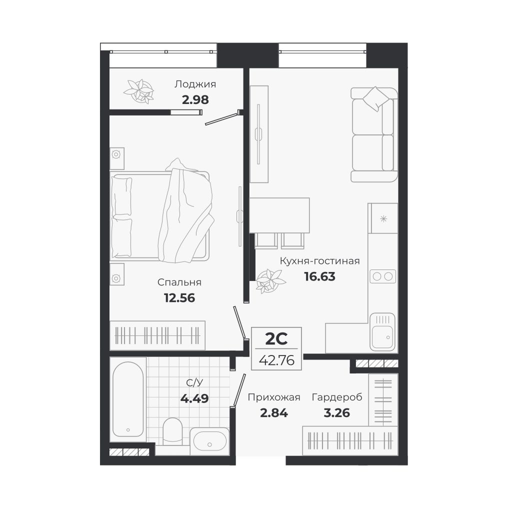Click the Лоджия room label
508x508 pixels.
point(195,84)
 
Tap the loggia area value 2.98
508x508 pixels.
point(195,99)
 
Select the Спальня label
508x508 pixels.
point(179,282)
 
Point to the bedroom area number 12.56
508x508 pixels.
point(179,298)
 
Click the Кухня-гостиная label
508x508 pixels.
point(319,261)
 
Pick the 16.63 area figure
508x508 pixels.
point(319,276)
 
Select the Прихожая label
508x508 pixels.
point(274,397)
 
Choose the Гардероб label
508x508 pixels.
point(336,397)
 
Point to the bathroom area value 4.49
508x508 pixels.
point(194,398)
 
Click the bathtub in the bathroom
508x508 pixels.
point(128,399)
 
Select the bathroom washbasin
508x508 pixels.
point(209,441)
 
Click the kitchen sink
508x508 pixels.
point(382,331)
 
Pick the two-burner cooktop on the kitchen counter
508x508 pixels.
point(382,276)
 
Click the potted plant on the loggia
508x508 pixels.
point(139,91)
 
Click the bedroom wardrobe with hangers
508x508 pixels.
point(157,335)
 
